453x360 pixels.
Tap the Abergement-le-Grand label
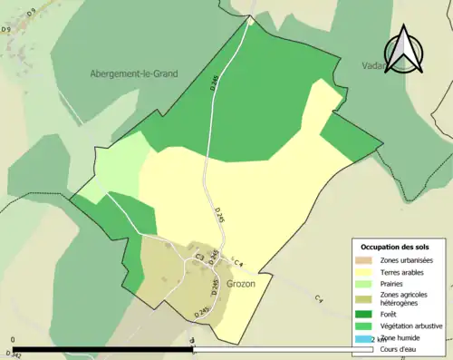133,73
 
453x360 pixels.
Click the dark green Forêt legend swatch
364,315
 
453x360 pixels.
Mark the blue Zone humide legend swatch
364,338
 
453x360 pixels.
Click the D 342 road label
13,354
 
